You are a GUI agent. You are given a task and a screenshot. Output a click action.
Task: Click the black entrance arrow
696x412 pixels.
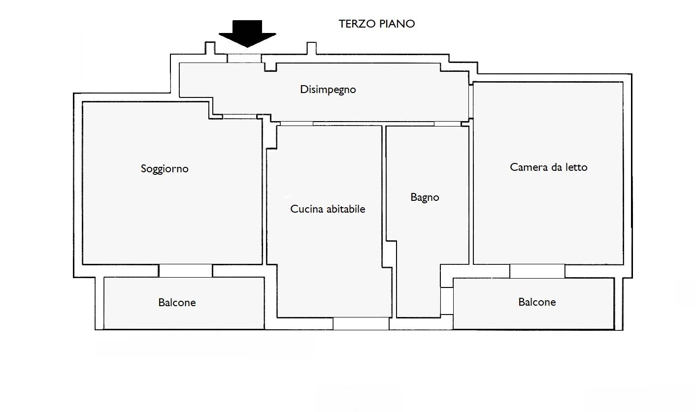coord(247,34)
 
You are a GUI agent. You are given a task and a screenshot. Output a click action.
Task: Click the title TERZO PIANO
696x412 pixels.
coord(377,24)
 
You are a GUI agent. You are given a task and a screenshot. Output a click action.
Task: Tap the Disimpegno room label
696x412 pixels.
coord(328,90)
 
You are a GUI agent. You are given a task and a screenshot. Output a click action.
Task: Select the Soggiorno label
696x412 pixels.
coord(165,169)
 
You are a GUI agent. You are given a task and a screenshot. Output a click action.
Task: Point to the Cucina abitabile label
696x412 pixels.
coord(328,209)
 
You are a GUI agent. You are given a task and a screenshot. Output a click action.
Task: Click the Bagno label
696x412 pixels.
coord(425,197)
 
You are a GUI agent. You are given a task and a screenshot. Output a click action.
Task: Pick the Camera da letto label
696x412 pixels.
coord(548,167)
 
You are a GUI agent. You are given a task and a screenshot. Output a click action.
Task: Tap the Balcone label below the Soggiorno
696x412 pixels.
coord(177,302)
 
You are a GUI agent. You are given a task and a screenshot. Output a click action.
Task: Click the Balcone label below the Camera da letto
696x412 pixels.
coord(537,302)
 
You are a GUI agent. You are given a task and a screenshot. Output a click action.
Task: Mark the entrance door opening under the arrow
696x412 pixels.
coord(244,59)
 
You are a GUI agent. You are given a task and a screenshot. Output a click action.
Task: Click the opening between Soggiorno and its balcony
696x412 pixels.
coord(186,271)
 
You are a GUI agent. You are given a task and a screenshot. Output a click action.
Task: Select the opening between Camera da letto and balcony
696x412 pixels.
coord(537,271)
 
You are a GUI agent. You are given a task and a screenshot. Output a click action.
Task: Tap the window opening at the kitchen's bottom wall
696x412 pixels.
coord(361,323)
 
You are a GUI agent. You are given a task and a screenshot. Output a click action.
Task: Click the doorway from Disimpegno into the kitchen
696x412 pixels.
coord(297,124)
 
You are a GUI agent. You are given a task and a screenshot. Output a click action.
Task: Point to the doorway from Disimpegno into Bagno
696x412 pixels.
coord(447,124)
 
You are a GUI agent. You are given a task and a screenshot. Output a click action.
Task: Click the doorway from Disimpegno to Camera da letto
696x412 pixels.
coord(471,102)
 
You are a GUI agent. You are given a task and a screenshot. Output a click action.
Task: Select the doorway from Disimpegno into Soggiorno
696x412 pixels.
coord(239,117)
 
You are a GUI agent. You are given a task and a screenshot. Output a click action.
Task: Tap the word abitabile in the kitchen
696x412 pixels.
coord(346,209)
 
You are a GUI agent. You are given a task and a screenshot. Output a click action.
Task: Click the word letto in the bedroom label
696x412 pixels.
coord(576,167)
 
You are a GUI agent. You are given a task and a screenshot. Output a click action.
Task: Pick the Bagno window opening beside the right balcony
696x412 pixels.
coord(447,301)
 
